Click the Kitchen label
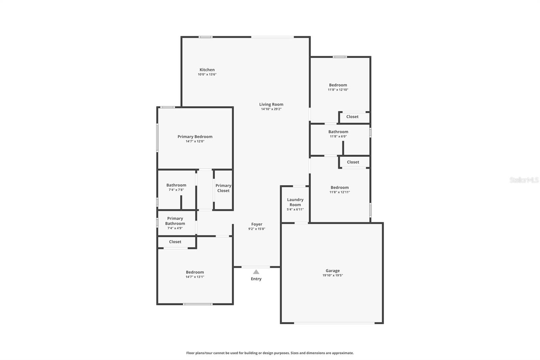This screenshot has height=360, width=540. pos(207,70)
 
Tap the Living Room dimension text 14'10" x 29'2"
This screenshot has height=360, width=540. pos(271,109)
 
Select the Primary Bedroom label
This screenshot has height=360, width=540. pos(195,136)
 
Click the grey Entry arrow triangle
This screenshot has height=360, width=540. pos(256,272)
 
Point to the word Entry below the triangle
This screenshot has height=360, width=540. pos(256,279)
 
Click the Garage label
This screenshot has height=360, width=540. pos(332,271)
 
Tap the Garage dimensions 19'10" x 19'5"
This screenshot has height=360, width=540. pos(332,275)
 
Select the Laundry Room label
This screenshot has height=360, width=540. pos(295,202)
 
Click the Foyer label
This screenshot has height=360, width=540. pos(256,224)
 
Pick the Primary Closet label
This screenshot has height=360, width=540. pos(223,188)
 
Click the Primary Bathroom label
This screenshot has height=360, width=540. pos(175,221)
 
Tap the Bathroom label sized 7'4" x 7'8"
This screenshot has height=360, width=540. pos(176,185)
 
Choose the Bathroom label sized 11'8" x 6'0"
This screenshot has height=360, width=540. pos(338,132)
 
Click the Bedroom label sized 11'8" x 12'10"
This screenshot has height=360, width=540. pos(338,85)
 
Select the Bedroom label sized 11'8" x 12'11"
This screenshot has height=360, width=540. pos(340,187)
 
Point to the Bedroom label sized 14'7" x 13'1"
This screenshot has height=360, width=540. pos(195,272)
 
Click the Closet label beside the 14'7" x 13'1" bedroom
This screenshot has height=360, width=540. pos(175,242)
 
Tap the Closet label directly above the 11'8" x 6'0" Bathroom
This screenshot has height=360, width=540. pos(352,117)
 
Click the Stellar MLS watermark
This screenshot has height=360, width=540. pos(524,180)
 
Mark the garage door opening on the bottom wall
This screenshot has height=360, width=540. pos(334,323)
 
